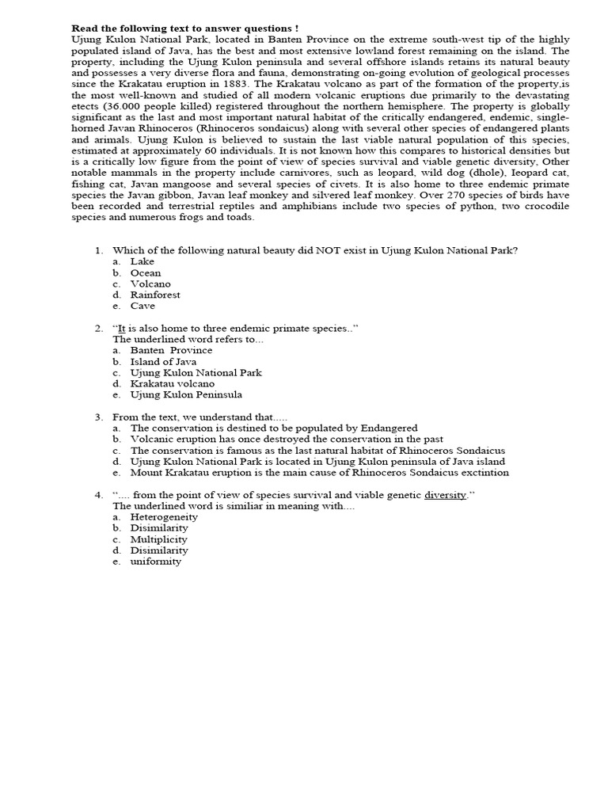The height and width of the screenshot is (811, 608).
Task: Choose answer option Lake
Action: [142, 261]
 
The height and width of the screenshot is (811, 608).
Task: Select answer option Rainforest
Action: [155, 295]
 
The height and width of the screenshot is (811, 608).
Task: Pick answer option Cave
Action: [142, 306]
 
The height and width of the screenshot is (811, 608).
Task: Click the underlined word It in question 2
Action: [123, 328]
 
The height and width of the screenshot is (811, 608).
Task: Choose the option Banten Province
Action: [171, 350]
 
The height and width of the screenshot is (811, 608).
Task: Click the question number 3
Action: [98, 417]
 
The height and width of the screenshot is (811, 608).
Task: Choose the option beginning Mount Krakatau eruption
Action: [319, 473]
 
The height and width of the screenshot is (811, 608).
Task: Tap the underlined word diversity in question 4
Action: [445, 495]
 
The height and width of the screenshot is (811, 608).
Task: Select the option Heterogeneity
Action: [164, 517]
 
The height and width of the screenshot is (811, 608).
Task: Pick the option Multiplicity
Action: [159, 539]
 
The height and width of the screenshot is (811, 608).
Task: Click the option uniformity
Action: [156, 562]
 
